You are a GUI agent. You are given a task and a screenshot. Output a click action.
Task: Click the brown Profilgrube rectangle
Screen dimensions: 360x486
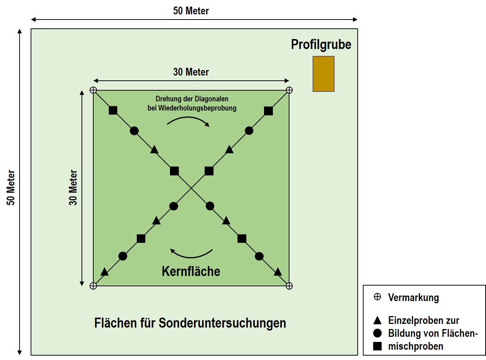point(323,74)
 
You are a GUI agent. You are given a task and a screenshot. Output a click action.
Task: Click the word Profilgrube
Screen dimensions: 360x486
point(321,45)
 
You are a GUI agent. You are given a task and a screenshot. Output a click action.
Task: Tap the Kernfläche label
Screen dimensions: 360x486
point(191,272)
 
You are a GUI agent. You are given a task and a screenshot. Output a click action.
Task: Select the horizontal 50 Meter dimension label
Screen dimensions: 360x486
point(191,11)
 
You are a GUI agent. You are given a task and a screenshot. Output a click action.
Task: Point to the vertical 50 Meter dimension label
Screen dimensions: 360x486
point(11,188)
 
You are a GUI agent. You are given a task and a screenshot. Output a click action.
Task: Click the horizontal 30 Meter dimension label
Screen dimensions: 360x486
point(191,72)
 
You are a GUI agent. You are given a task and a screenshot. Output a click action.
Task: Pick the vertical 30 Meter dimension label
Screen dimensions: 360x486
point(73,188)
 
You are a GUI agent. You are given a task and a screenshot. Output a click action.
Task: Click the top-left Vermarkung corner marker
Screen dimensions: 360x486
point(93,90)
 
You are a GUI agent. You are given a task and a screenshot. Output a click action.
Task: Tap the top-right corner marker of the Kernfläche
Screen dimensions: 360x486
point(289,90)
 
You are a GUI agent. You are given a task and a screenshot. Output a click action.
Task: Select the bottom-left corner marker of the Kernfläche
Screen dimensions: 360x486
point(93,286)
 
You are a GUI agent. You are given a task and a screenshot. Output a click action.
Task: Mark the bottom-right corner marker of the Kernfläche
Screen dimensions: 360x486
point(289,286)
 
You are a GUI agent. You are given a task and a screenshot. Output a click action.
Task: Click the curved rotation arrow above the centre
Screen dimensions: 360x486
point(188,120)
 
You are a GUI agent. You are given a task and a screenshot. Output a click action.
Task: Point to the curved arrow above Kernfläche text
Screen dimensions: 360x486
point(191,254)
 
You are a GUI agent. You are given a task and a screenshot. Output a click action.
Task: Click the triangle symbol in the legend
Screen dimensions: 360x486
point(377,320)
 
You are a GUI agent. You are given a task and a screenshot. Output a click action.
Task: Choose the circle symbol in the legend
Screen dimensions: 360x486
point(377,333)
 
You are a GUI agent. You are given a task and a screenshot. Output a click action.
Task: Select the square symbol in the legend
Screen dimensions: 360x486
point(377,346)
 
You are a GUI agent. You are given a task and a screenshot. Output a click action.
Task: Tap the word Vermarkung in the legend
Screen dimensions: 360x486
point(413,298)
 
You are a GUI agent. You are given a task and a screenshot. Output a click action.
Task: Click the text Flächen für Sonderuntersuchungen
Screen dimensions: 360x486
point(190,323)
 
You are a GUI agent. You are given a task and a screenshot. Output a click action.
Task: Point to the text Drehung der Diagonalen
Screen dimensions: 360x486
point(192,99)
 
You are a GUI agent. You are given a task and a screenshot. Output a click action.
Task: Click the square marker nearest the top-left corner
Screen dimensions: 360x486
point(113,110)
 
